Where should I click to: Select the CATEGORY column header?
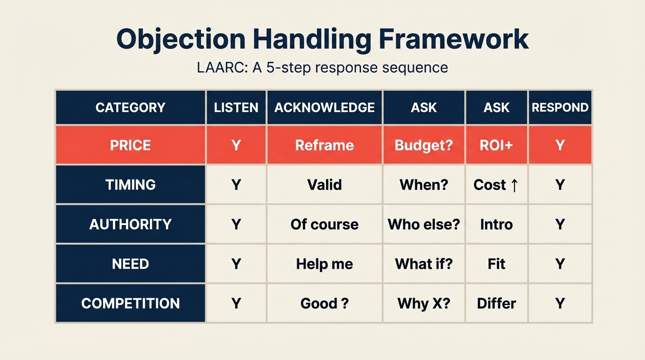[x=130, y=107]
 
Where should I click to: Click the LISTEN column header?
[x=236, y=107]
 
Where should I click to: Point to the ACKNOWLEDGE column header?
[x=324, y=107]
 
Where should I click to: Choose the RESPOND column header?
[x=560, y=107]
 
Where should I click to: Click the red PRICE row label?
[x=130, y=145]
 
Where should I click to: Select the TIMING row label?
[x=130, y=185]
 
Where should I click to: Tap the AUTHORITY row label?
[x=130, y=224]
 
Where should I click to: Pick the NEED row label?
[x=130, y=264]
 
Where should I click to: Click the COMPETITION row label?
[x=130, y=303]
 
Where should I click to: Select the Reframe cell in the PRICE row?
[x=324, y=145]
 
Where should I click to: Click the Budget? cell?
[x=424, y=145]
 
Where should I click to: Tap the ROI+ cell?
[x=496, y=145]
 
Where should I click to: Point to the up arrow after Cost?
[x=514, y=185]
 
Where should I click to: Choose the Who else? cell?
[x=424, y=224]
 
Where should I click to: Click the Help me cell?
[x=324, y=264]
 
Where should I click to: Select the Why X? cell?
[x=424, y=303]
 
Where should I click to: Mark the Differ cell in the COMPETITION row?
[x=496, y=303]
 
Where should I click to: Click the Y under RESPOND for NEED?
[x=560, y=264]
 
